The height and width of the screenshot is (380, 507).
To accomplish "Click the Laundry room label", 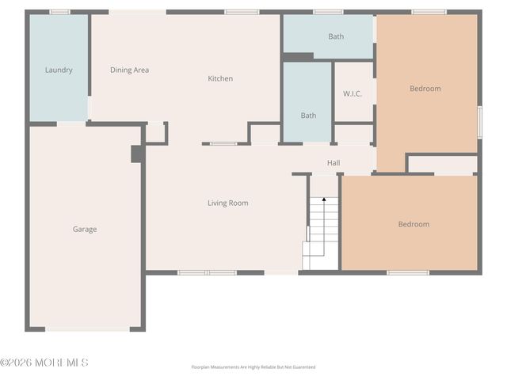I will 59,70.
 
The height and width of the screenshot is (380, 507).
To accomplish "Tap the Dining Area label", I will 129,70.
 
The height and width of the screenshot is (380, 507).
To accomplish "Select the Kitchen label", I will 220,78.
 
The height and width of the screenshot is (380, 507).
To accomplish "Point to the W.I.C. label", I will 353,93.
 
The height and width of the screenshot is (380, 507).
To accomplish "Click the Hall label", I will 334,163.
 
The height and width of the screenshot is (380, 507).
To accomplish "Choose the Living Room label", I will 227,203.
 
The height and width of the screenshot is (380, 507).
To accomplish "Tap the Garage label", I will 85,230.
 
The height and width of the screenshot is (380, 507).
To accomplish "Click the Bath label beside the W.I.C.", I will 308,116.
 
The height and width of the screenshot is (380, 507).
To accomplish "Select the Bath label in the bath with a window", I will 336,36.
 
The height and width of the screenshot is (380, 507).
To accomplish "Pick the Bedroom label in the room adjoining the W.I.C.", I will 425,89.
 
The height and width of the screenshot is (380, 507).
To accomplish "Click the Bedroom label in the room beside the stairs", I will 413,224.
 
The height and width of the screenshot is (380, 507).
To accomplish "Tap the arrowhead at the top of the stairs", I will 323,201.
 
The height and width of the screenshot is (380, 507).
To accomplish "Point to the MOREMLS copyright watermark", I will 44,363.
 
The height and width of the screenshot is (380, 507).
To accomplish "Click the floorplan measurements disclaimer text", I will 253,367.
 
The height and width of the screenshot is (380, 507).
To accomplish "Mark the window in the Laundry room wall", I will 59,12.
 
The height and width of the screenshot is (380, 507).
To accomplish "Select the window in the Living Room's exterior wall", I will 207,272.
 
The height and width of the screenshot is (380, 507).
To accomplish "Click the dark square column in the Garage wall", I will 136,154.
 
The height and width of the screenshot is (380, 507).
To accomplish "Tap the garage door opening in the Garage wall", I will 87,329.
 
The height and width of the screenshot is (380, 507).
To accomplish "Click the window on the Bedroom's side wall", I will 479,123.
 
